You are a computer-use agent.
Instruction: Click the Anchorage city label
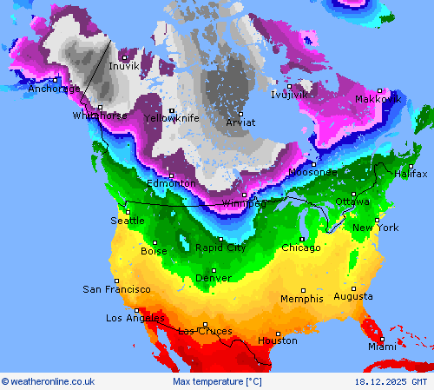pyautogui.click(x=54, y=89)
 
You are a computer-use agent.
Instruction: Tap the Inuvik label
pyautogui.click(x=124, y=66)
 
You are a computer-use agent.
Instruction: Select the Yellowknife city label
pyautogui.click(x=171, y=118)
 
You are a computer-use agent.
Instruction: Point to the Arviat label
pyautogui.click(x=240, y=122)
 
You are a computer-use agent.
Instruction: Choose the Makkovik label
pyautogui.click(x=378, y=99)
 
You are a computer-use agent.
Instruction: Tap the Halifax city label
pyautogui.click(x=411, y=174)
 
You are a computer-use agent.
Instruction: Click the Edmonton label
pyautogui.click(x=171, y=183)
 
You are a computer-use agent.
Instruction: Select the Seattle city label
pyautogui.click(x=128, y=221)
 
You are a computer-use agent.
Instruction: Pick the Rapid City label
pyautogui.click(x=220, y=248)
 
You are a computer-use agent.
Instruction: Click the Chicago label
pyautogui.click(x=300, y=248)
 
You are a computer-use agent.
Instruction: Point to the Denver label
pyautogui.click(x=214, y=278)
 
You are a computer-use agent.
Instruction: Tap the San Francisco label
pyautogui.click(x=116, y=289)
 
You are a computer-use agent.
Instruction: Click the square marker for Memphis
pyautogui.click(x=303, y=290)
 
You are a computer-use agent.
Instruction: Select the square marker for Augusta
pyautogui.click(x=353, y=288)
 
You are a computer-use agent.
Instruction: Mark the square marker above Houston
pyautogui.click(x=278, y=333)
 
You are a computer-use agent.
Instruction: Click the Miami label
pyautogui.click(x=381, y=347)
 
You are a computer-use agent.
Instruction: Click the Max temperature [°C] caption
pyautogui.click(x=217, y=381)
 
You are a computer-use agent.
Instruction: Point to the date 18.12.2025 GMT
pyautogui.click(x=391, y=381)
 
